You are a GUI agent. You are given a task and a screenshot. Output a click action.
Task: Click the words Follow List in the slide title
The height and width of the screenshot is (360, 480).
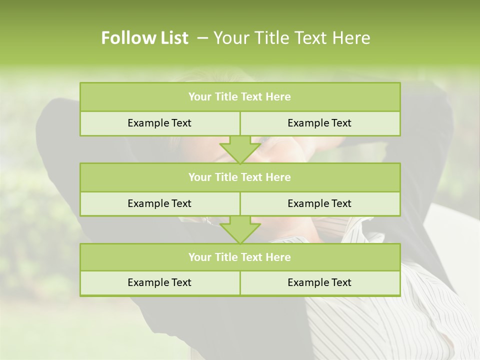[x=144, y=38]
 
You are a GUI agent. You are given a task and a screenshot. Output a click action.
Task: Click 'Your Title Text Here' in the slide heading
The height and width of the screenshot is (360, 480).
[x=291, y=38]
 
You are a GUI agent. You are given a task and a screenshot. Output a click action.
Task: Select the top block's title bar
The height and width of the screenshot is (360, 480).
[x=240, y=97]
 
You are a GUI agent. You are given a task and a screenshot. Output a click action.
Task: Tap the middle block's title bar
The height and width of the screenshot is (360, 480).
[x=240, y=177]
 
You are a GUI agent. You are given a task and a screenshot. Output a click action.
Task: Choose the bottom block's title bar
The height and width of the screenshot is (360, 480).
[x=240, y=257]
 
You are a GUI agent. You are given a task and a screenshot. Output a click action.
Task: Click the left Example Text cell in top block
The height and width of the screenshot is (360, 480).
[x=159, y=123]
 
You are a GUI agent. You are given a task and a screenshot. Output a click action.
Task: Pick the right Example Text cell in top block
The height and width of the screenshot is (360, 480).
[x=319, y=123]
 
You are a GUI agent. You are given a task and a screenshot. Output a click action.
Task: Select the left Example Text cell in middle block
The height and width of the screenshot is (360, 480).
[x=159, y=203]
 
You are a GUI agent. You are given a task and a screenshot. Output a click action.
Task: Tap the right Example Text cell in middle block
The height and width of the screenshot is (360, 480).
[x=319, y=203]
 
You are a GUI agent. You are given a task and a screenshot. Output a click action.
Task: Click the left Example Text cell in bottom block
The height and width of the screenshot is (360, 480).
[x=159, y=282]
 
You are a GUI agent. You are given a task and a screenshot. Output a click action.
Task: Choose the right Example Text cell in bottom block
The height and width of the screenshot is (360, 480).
[x=319, y=282]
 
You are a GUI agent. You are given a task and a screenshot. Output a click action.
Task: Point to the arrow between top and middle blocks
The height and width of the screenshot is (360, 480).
[x=240, y=149]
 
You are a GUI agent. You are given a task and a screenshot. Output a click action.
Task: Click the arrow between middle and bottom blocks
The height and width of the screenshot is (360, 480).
[x=240, y=229]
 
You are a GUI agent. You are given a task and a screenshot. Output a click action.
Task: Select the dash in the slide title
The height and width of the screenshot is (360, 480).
[x=203, y=38]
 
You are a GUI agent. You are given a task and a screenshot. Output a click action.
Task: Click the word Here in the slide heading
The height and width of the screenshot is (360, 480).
[x=352, y=38]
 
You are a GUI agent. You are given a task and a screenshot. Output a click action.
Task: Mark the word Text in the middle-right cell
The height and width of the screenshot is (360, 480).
[x=341, y=203]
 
